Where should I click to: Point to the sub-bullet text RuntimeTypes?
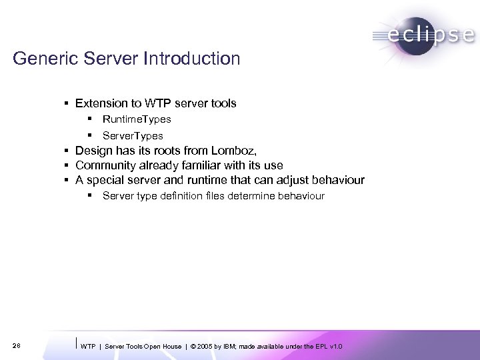137,119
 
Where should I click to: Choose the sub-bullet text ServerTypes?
133,135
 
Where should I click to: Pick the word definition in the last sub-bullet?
175,196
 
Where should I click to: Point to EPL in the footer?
323,346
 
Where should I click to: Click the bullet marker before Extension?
68,103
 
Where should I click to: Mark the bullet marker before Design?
68,151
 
